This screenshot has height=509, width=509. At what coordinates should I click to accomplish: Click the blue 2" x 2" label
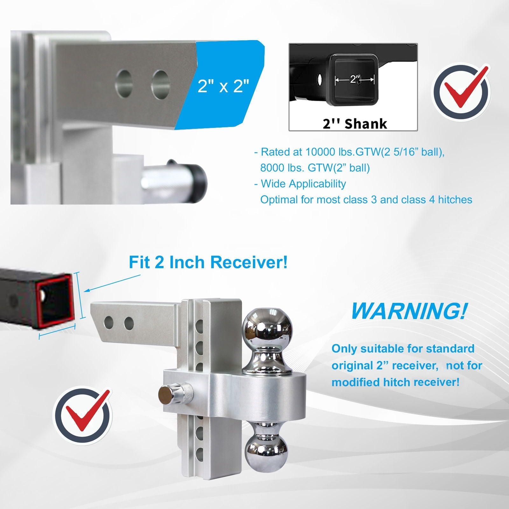(x=223, y=86)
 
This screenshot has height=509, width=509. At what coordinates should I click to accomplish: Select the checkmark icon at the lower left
(x=82, y=415)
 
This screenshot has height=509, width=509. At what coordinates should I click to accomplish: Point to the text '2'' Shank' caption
(x=355, y=123)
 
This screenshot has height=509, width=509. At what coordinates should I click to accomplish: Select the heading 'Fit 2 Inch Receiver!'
(x=208, y=262)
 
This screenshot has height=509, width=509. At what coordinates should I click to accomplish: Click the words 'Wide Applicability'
(x=303, y=184)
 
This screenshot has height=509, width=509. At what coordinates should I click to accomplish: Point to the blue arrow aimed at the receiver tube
(x=113, y=283)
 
